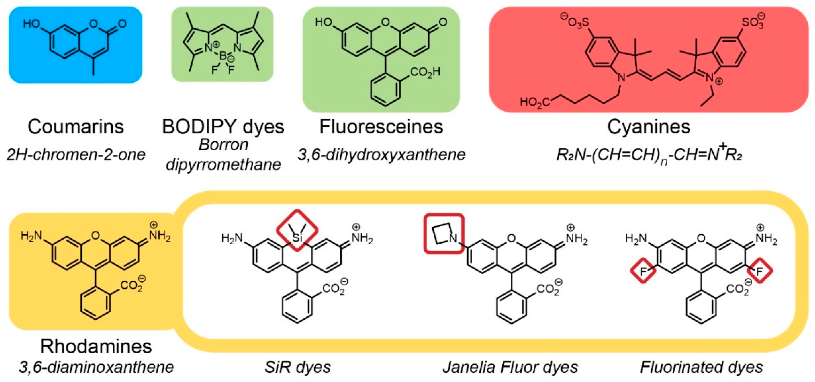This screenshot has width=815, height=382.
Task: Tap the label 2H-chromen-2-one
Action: click(76, 155)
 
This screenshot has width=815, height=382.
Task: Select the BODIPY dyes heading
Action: click(223, 127)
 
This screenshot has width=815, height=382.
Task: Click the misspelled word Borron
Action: click(223, 145)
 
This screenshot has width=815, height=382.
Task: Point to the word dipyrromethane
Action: click(223, 164)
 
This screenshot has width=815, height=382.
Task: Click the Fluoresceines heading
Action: click(381, 127)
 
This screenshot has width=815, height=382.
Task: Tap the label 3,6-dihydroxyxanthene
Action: click(381, 155)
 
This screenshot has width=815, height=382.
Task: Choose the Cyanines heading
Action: click(648, 127)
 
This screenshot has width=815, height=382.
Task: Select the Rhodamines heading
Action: click(96, 346)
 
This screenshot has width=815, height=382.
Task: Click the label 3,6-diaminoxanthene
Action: click(96, 367)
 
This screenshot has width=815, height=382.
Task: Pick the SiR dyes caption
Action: click(297, 367)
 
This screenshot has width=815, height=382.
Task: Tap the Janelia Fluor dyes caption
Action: click(510, 367)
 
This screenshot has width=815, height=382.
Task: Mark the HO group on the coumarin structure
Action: click(31, 24)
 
